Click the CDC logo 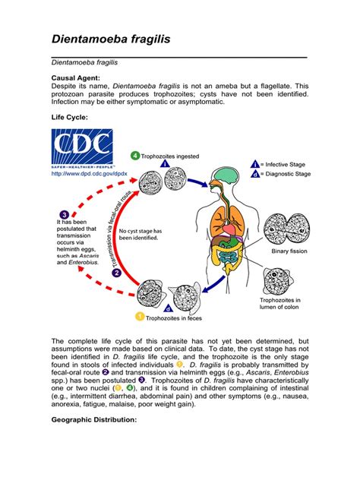click(x=82, y=147)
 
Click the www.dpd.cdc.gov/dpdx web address click(x=83, y=173)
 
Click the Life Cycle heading click(x=70, y=117)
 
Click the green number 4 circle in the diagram click(x=135, y=156)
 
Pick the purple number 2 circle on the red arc click(x=117, y=273)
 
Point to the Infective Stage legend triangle click(x=254, y=163)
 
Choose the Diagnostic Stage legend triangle click(x=254, y=173)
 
